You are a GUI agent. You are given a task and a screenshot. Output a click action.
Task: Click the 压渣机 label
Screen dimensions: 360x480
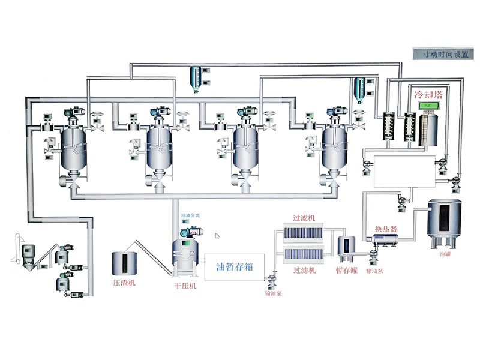pyautogui.click(x=124, y=282)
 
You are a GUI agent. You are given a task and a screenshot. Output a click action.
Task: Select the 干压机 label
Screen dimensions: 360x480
pyautogui.click(x=185, y=286)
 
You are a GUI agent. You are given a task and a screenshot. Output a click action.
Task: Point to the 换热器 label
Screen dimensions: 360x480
pyautogui.click(x=386, y=229)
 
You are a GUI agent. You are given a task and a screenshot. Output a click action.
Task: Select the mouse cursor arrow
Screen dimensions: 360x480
pyautogui.click(x=217, y=236)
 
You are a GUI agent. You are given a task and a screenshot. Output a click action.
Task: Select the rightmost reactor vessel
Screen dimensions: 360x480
pyautogui.click(x=335, y=147)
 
